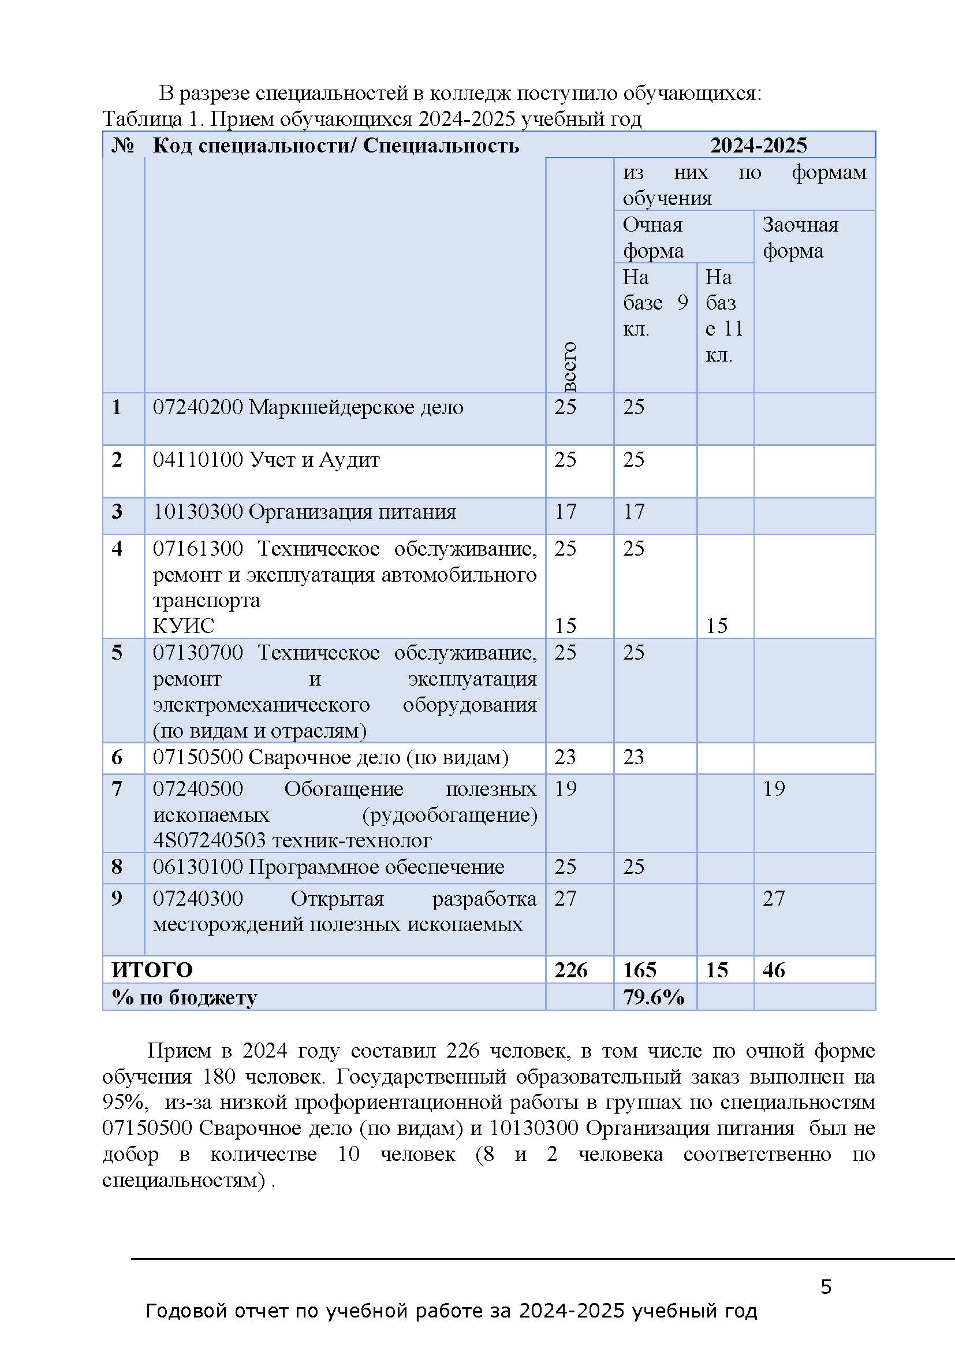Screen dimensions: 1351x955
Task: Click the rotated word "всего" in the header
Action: (x=569, y=366)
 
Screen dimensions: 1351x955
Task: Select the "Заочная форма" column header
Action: (x=800, y=238)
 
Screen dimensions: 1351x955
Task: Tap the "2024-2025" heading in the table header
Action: (x=758, y=146)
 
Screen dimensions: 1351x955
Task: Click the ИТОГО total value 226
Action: (x=570, y=970)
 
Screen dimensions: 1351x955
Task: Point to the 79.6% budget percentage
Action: (x=654, y=997)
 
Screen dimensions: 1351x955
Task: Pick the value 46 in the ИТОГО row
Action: (x=773, y=970)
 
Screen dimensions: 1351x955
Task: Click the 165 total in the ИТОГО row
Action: (x=639, y=970)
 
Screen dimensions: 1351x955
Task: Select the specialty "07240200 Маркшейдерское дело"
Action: (x=308, y=407)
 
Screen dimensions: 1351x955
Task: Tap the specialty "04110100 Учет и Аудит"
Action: (x=266, y=459)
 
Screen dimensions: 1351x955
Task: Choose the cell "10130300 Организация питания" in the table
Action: (x=304, y=511)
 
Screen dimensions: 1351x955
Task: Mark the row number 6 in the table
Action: (x=117, y=757)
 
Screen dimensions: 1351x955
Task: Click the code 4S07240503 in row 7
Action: (x=210, y=840)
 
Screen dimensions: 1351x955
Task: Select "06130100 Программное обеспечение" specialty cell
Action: (x=328, y=867)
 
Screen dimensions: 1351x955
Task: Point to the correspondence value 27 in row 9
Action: (x=773, y=899)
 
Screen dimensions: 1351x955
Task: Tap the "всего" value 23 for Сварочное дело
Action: (x=565, y=757)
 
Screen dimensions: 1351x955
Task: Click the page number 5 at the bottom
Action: (x=826, y=1287)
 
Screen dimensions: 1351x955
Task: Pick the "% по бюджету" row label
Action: (x=184, y=998)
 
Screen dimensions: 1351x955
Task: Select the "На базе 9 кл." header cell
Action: (x=655, y=303)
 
